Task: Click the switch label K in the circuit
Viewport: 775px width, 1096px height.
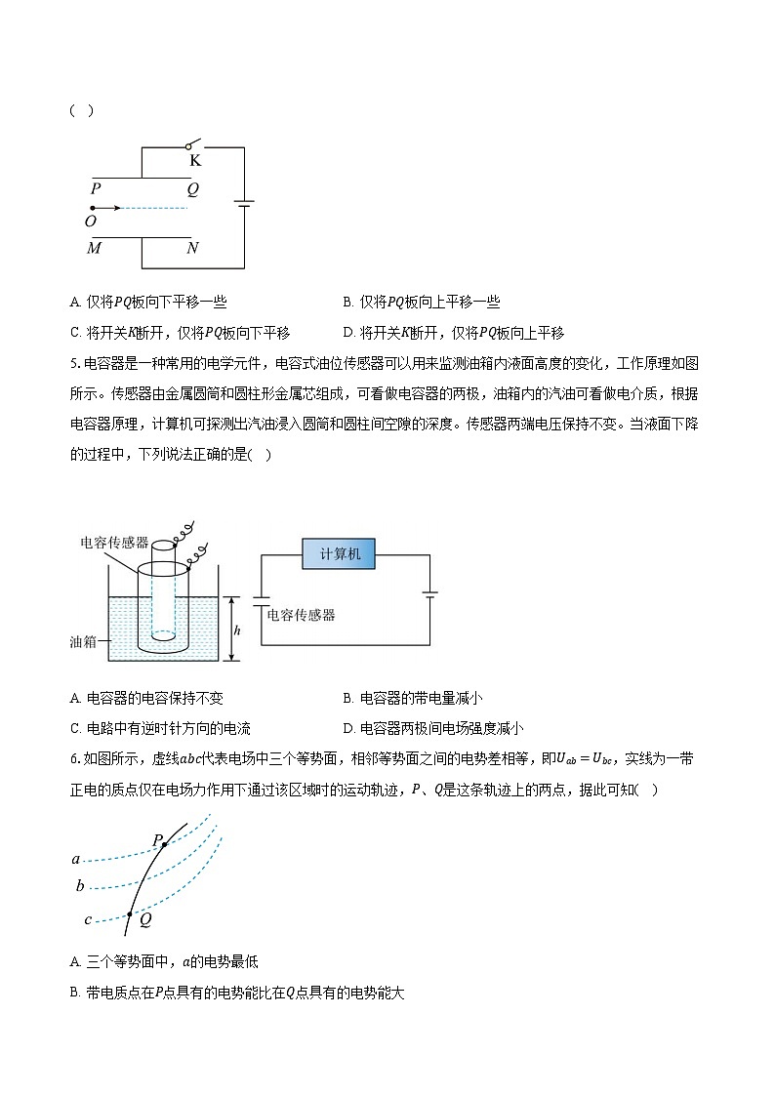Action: click(x=195, y=161)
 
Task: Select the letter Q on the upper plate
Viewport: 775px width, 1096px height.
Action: click(x=192, y=189)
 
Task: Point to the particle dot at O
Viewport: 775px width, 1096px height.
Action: click(x=92, y=208)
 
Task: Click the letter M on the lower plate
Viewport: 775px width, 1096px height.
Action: click(x=95, y=249)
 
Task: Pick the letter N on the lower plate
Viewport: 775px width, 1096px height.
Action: click(x=192, y=249)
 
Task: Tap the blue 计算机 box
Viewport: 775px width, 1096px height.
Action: click(x=341, y=554)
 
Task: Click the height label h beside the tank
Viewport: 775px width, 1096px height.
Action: click(x=237, y=630)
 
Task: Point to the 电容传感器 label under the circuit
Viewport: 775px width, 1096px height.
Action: click(x=301, y=615)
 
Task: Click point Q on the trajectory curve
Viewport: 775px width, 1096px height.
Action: click(x=130, y=914)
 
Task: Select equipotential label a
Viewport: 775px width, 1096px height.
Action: click(x=76, y=860)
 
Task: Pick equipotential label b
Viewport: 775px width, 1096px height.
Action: click(x=80, y=887)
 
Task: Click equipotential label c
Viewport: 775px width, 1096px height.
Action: click(x=88, y=919)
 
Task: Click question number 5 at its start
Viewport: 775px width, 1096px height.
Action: click(x=74, y=364)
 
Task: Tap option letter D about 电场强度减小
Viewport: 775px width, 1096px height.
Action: click(x=348, y=727)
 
